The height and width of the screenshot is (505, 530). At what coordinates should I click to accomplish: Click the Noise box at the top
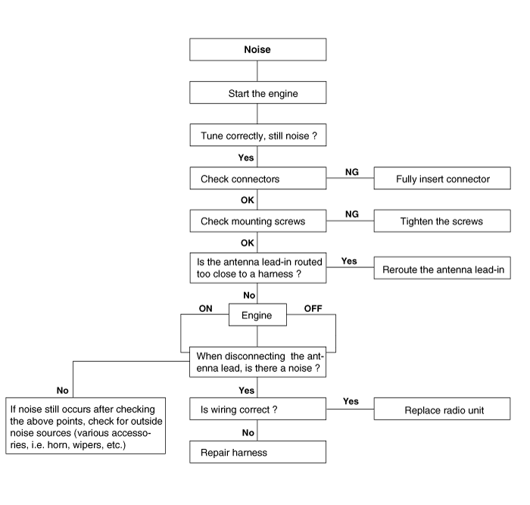click(x=258, y=49)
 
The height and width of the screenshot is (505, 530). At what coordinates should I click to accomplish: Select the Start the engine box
click(x=258, y=92)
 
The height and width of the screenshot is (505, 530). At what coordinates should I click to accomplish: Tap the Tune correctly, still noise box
click(x=258, y=135)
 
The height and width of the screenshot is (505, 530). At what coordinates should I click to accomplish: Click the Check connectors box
click(x=258, y=178)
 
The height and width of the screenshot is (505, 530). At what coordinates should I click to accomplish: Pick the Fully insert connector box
click(x=442, y=178)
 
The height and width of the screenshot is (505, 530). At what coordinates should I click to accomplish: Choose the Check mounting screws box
click(x=258, y=221)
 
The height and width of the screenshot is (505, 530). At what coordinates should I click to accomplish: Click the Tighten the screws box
click(x=442, y=221)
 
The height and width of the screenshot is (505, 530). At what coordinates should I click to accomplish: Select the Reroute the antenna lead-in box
click(x=442, y=268)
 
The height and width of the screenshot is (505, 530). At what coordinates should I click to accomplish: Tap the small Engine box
click(x=257, y=315)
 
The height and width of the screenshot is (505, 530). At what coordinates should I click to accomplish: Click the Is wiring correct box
click(x=258, y=409)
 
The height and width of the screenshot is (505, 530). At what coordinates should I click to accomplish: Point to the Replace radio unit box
click(x=442, y=409)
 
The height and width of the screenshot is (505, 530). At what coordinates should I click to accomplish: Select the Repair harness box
click(x=258, y=452)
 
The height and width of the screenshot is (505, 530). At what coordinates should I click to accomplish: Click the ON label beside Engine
click(x=205, y=309)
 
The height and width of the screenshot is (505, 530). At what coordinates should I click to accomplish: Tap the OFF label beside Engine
click(x=313, y=309)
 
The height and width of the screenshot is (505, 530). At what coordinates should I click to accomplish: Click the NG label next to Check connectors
click(x=352, y=172)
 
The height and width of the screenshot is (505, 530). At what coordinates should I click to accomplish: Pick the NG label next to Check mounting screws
click(x=352, y=214)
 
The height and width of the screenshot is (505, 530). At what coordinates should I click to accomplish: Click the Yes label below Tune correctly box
click(x=246, y=157)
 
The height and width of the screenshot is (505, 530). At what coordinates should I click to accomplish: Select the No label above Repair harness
click(x=248, y=432)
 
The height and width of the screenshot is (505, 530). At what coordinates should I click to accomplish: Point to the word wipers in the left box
click(x=89, y=445)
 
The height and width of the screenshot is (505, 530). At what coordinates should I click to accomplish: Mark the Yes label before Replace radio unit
click(x=351, y=401)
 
